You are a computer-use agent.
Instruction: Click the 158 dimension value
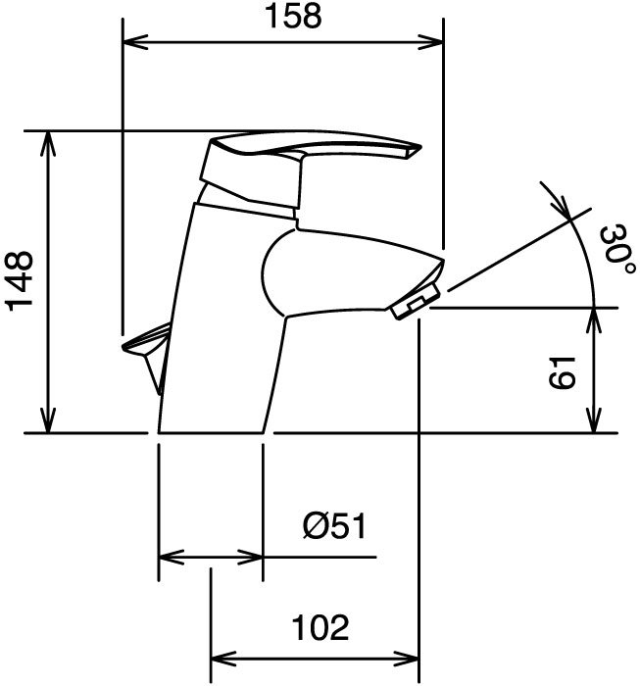pos(293,17)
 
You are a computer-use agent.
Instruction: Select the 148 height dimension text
pos(20,281)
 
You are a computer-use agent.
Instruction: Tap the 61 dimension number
pos(561,372)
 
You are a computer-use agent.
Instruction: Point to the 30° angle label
pos(617,250)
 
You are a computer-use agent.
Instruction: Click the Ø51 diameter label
pos(334,525)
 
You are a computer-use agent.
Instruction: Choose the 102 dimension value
pos(320,627)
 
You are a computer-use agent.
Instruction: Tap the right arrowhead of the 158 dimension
pos(431,42)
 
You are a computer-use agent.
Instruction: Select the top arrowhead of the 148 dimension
pos(48,143)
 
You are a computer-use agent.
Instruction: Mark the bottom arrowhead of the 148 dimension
pos(48,420)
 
